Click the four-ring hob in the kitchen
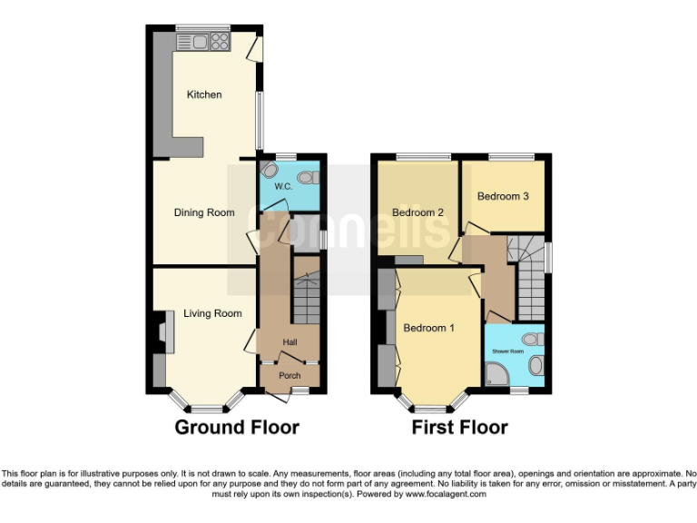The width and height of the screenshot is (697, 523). (x=220, y=41)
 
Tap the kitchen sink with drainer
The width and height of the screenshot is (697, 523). (x=196, y=41)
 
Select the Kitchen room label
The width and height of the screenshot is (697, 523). (x=204, y=94)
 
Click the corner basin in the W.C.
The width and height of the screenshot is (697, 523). (x=269, y=170)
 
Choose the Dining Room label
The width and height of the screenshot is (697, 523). (x=204, y=212)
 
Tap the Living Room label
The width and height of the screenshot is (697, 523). (x=212, y=313)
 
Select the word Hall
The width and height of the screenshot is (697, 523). (x=290, y=341)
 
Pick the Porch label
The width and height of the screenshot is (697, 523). (x=290, y=375)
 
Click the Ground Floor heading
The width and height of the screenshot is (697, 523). (x=236, y=427)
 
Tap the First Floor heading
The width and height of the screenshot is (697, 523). (x=459, y=427)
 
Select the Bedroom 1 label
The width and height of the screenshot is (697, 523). (x=429, y=328)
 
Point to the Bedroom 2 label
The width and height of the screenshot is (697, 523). (x=417, y=212)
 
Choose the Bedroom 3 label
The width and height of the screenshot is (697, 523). (x=503, y=196)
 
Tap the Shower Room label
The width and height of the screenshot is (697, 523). (x=508, y=350)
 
